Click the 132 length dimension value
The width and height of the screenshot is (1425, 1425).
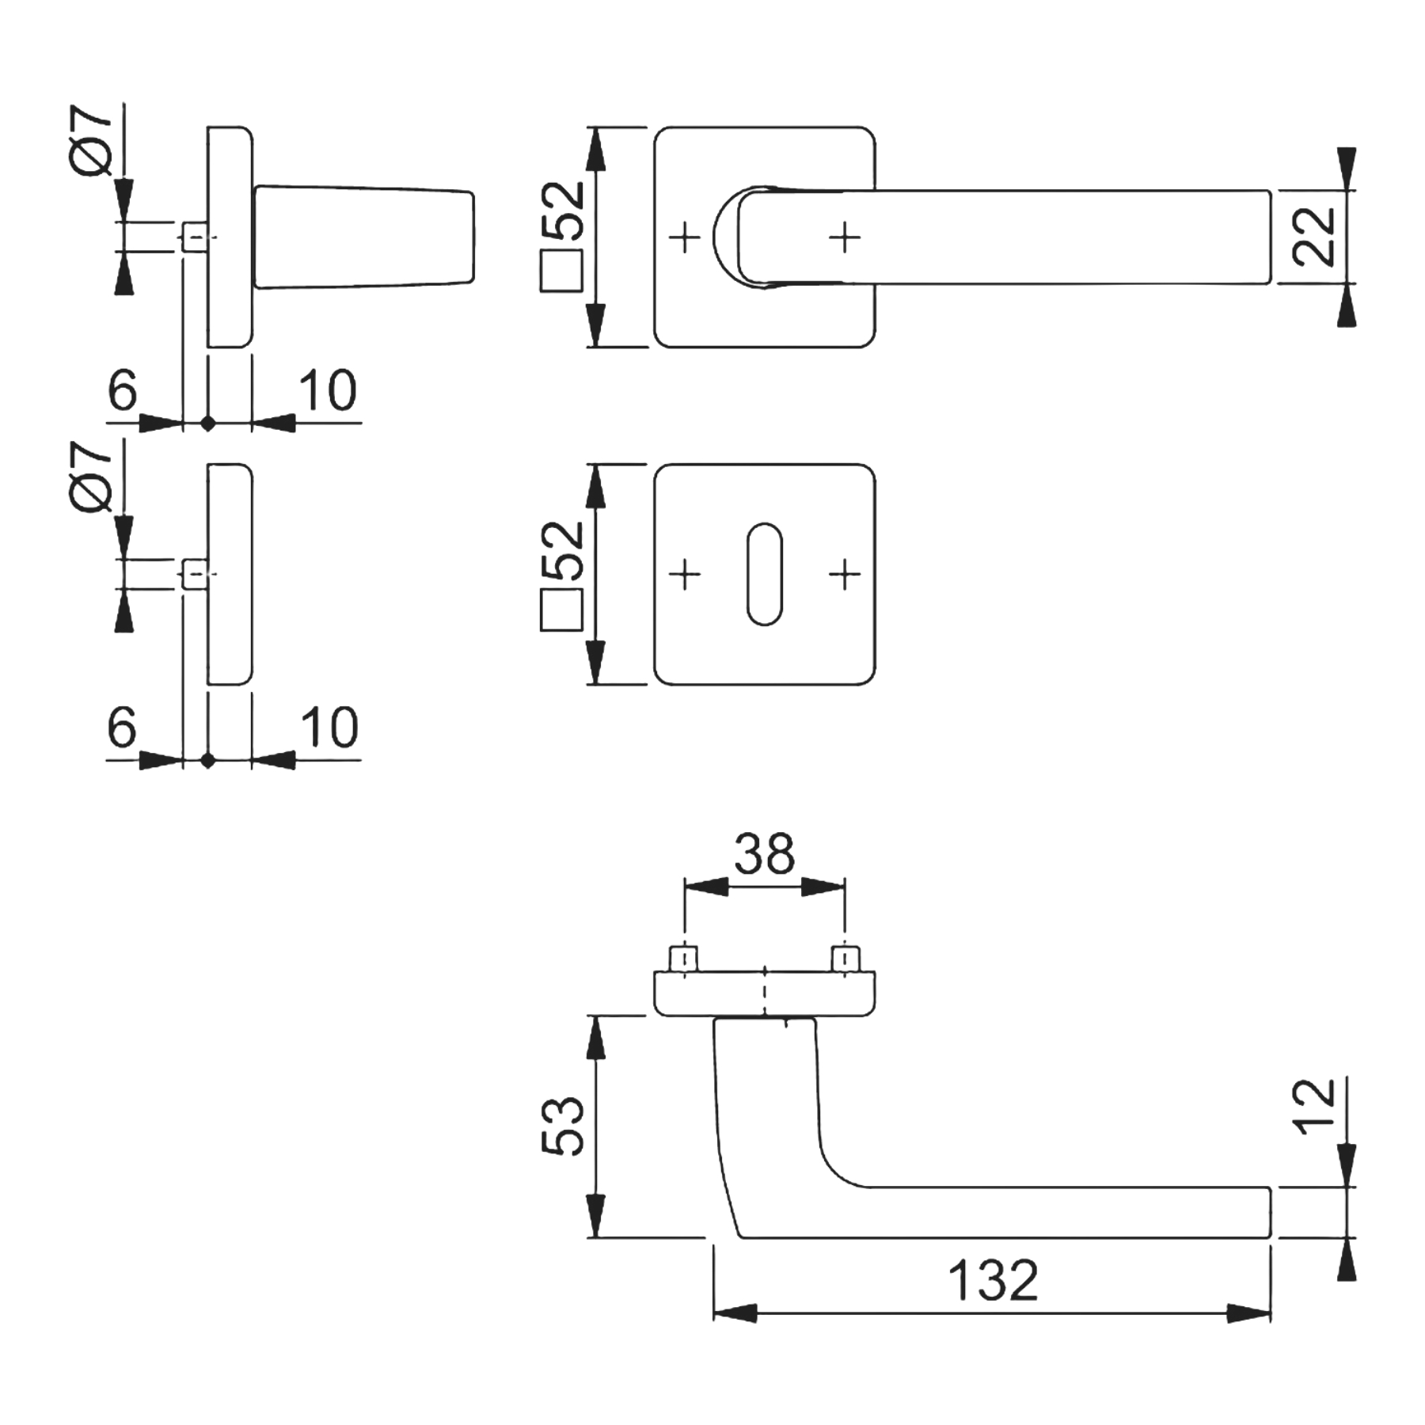point(993,1281)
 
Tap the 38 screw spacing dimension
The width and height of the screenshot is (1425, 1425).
point(764,853)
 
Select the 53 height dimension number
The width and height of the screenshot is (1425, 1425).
point(563,1126)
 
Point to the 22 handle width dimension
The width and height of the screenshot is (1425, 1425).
point(1313,236)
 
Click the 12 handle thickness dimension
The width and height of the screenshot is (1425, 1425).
point(1313,1106)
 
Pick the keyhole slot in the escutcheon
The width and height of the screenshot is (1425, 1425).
point(765,574)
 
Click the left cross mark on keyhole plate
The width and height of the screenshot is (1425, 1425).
point(686,574)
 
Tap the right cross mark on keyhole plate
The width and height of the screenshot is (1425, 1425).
point(845,574)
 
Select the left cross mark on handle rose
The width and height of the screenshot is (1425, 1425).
point(686,237)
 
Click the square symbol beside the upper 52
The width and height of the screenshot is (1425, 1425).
point(561,272)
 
